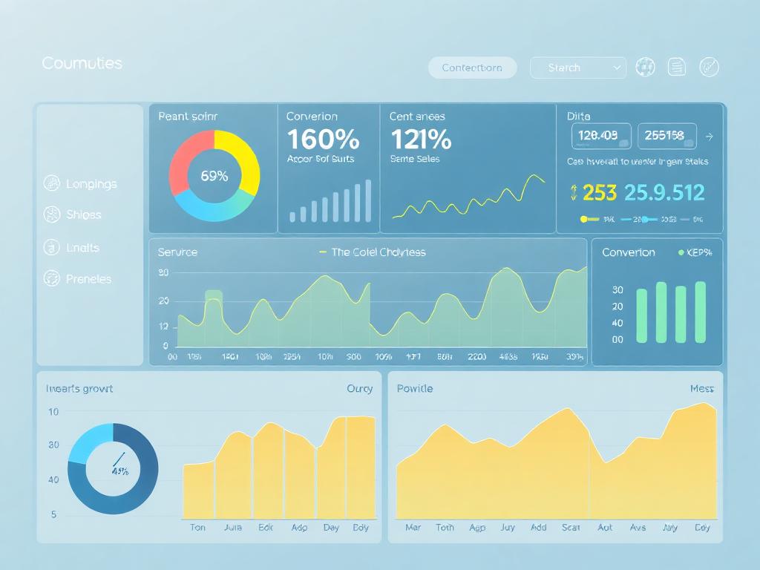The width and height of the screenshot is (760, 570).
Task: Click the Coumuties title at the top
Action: (82, 63)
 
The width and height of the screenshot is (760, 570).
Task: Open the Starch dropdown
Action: (577, 68)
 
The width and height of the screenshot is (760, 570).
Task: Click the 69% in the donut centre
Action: (214, 176)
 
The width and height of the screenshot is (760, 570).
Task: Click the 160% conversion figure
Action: (323, 139)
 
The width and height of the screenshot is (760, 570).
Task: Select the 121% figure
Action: (420, 139)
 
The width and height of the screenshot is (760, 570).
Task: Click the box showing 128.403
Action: (600, 136)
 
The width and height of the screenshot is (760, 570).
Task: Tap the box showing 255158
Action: (666, 136)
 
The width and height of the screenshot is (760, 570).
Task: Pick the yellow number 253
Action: (599, 193)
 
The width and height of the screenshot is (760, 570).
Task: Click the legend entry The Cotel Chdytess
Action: (378, 252)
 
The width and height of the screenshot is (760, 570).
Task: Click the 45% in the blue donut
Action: (119, 471)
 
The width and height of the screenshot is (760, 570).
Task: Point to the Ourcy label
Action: (360, 388)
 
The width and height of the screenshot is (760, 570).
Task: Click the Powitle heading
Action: (415, 388)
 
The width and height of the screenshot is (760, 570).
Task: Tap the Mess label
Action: (701, 388)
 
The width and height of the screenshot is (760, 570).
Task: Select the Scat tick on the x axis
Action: (571, 528)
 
